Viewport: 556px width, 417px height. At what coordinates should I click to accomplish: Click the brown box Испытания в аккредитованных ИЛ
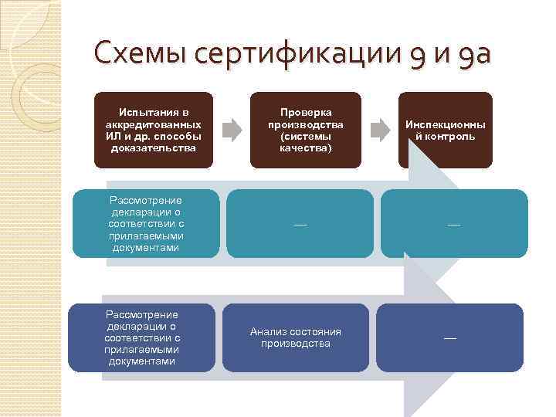(x=153, y=130)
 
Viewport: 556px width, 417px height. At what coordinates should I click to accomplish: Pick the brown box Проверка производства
(x=306, y=130)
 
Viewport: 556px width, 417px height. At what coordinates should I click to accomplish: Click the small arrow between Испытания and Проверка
(x=230, y=128)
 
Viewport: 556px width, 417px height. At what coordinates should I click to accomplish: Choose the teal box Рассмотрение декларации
(x=146, y=223)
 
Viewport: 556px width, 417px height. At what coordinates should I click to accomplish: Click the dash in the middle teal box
(x=300, y=224)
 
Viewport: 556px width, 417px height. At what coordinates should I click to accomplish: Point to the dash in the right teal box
(x=453, y=224)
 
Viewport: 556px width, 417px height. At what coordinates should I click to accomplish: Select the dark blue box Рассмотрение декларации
(x=142, y=337)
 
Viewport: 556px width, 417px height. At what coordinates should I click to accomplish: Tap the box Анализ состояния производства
(x=296, y=337)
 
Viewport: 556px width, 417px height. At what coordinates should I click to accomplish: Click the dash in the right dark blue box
(x=449, y=338)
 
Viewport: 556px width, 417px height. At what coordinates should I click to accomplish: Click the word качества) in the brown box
(x=306, y=147)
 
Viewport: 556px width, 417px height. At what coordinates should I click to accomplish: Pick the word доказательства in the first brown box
(x=153, y=147)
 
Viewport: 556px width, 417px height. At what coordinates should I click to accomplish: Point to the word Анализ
(x=268, y=332)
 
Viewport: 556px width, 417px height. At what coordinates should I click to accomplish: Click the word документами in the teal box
(x=146, y=248)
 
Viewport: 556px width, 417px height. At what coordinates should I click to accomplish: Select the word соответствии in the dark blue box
(x=142, y=337)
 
